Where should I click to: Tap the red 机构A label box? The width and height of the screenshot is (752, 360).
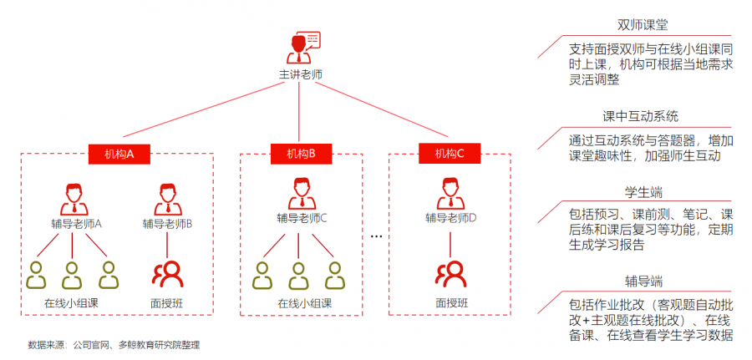pos(118,154)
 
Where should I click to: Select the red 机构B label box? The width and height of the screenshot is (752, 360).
pos(301,154)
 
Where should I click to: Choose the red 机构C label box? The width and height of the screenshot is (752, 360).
pos(450,154)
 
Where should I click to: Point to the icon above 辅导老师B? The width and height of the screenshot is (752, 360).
pos(167,198)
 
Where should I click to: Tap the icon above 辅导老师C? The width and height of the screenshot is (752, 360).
pos(301,193)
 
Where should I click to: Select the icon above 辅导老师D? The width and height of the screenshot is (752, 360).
pos(450,193)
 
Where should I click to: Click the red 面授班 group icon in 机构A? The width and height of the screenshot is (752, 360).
pos(167,273)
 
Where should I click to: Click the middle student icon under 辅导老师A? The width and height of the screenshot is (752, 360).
pos(72,273)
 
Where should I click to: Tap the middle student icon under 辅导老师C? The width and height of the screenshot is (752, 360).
pos(299,273)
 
